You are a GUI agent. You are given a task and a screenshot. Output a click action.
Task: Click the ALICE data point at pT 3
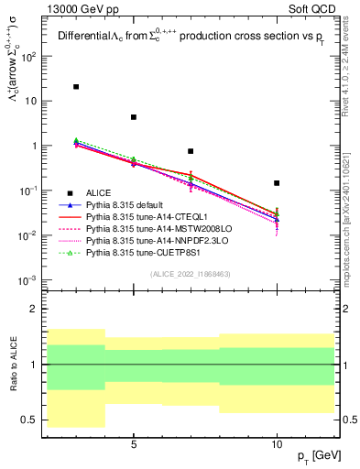pyautogui.click(x=76, y=87)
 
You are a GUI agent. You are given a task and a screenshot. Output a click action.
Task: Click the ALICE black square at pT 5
pyautogui.click(x=134, y=117)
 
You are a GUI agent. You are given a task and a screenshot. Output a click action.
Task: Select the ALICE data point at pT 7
pyautogui.click(x=191, y=151)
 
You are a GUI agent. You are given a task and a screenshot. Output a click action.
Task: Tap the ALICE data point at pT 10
pyautogui.click(x=277, y=183)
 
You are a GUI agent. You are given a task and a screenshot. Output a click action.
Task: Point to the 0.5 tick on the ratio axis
pyautogui.click(x=29, y=420)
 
